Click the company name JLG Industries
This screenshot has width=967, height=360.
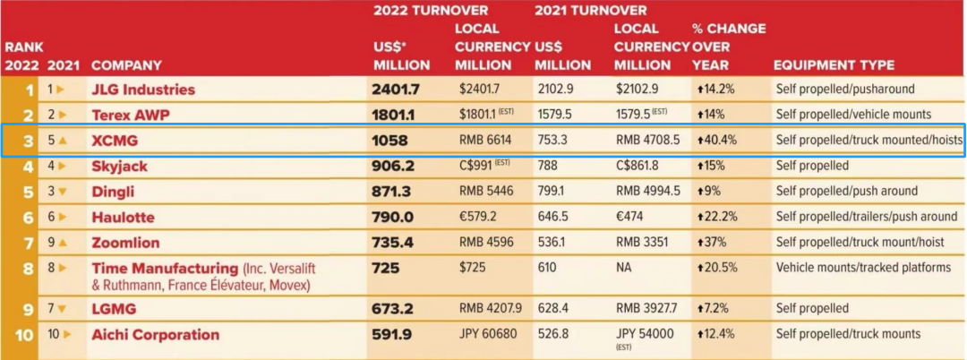[142, 90]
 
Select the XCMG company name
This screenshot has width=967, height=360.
[115, 141]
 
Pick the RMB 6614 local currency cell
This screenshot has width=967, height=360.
[486, 141]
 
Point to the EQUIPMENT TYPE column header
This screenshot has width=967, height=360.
[834, 65]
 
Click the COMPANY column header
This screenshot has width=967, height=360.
[126, 65]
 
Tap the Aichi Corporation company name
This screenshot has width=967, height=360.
[155, 335]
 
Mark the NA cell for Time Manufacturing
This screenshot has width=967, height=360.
[624, 268]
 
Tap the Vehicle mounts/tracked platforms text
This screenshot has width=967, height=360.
[863, 268]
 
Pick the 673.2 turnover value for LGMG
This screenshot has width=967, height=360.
[392, 309]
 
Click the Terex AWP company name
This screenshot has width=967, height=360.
[130, 115]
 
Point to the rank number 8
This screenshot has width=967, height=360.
[30, 268]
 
